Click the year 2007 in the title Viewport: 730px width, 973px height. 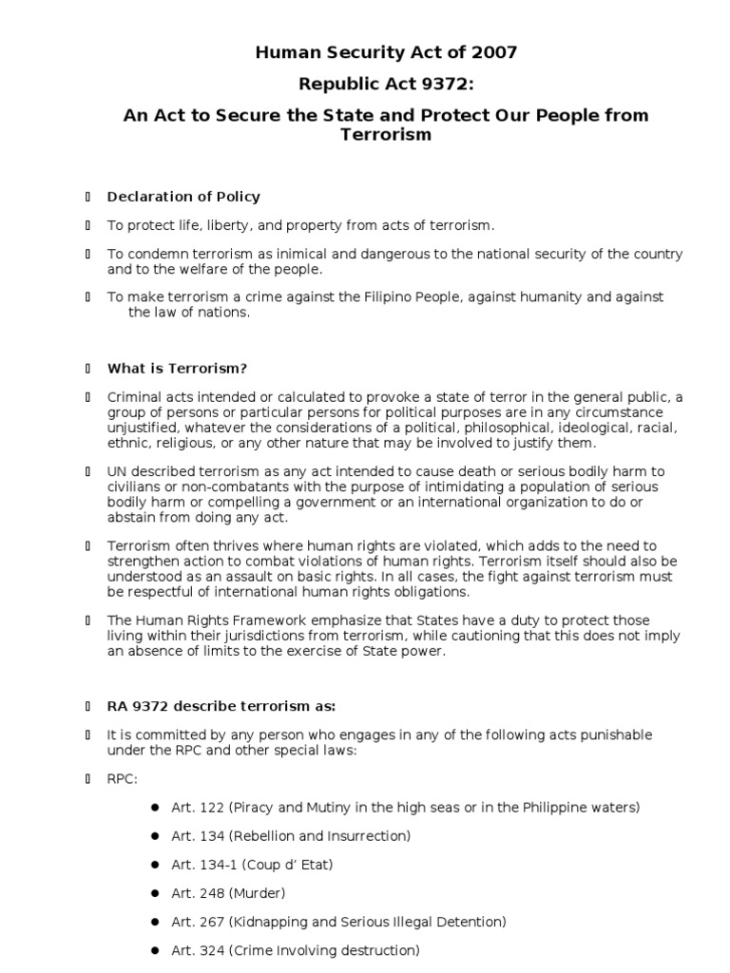coord(495,53)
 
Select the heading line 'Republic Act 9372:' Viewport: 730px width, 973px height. coord(386,85)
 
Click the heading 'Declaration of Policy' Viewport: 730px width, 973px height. coord(183,197)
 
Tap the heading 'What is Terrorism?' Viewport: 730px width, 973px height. coord(177,369)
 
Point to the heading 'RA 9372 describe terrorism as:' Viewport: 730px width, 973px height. coord(221,707)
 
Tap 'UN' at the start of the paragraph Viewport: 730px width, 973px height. coord(117,472)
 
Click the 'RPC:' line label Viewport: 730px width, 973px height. coord(122,778)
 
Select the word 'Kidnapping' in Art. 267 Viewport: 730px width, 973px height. coord(267,922)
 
